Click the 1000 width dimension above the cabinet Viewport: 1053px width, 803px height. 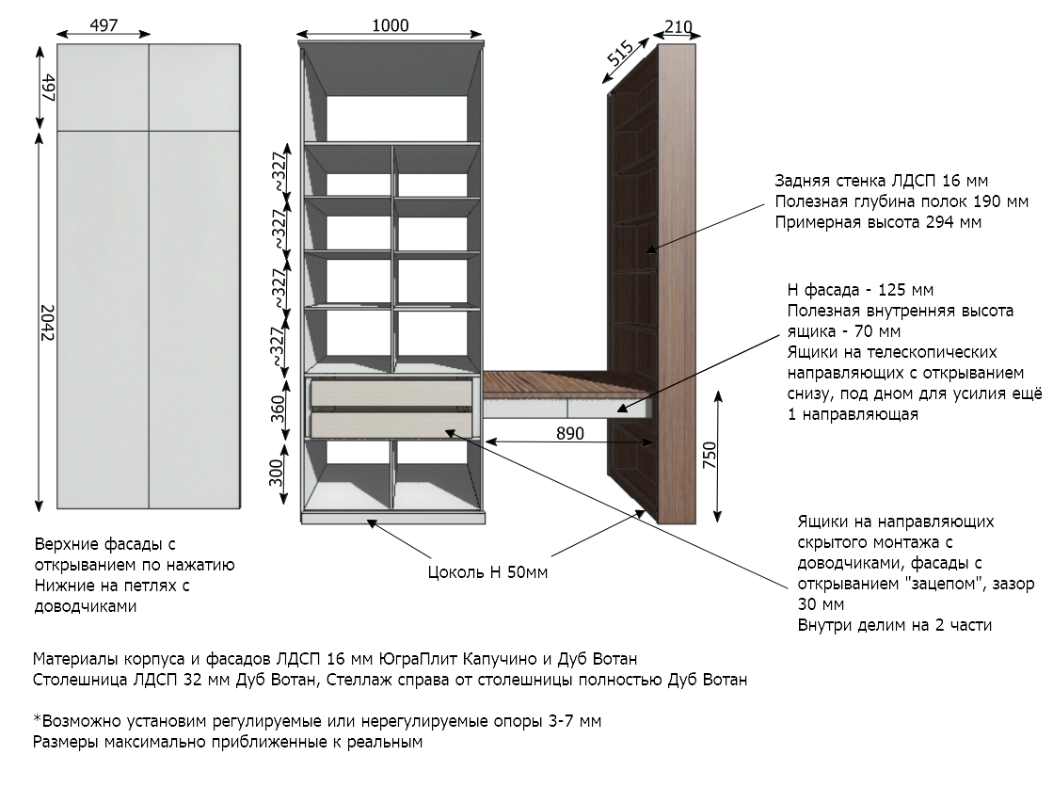coord(391,25)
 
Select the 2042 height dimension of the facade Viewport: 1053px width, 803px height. coord(47,323)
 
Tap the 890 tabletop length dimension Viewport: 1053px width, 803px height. coord(569,433)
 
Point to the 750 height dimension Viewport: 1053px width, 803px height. coord(710,456)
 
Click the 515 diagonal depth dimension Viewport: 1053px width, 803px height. coord(620,53)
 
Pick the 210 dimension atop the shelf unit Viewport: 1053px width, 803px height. coord(678,27)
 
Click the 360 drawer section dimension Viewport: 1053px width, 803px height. coord(278,409)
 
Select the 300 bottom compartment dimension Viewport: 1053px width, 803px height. coord(276,473)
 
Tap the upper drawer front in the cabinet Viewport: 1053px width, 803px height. coord(391,393)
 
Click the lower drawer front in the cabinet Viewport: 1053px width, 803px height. coord(391,424)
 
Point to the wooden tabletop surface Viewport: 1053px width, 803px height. coord(563,384)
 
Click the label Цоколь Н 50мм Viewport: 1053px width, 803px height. coord(487,572)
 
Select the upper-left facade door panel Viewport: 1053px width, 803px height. coord(103,87)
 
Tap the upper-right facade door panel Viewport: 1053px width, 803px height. coord(194,87)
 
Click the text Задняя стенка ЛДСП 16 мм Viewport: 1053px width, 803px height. coord(881,181)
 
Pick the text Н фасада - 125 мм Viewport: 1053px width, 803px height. coord(860,290)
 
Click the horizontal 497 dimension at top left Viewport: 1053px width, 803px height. coord(104,25)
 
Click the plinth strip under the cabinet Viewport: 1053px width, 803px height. coord(392,519)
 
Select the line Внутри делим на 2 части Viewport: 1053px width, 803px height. coord(895,626)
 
